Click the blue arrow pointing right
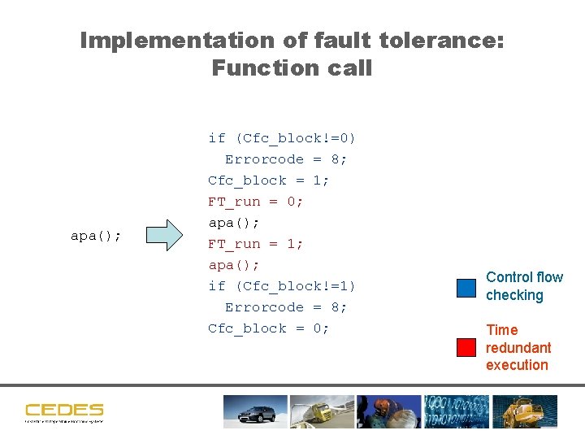tap(169, 235)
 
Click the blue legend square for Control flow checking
tap(466, 288)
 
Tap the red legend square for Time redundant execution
tap(466, 347)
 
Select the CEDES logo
tap(64, 411)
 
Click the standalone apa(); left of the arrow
tap(96, 236)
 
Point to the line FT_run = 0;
tap(255, 202)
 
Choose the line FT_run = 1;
tap(255, 244)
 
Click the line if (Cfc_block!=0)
tap(282, 138)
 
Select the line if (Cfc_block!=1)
tap(282, 286)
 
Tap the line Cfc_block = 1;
tap(268, 180)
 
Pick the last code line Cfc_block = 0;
tap(268, 328)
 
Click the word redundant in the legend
tap(518, 348)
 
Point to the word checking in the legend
tap(514, 295)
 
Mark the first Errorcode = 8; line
tap(286, 159)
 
